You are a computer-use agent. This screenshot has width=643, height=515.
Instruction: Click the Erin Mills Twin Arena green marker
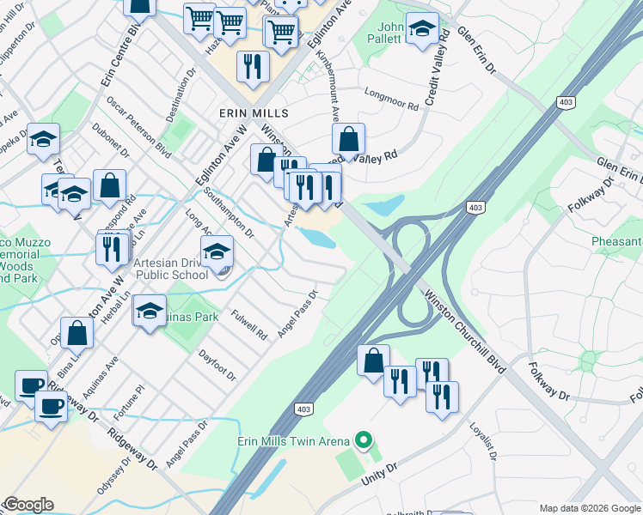click(x=363, y=442)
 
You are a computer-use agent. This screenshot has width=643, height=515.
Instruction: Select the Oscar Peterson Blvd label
click(x=138, y=126)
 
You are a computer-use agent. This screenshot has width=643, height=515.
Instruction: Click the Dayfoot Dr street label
click(x=217, y=364)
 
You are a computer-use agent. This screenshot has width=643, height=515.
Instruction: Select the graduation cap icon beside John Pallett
click(x=421, y=28)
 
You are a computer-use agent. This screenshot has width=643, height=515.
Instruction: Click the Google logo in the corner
click(x=28, y=505)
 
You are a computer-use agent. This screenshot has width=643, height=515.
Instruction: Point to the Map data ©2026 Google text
click(x=589, y=508)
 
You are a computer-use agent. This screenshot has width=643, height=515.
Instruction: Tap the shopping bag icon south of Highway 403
click(x=373, y=360)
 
